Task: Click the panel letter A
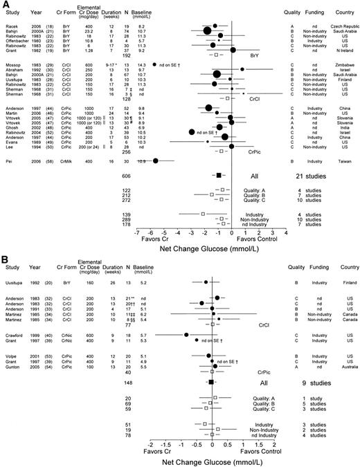pyautogui.click(x=4, y=4)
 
